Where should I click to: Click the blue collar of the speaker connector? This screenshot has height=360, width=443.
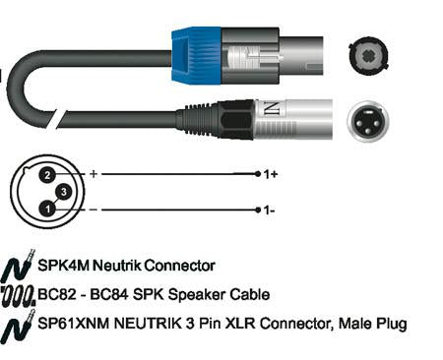tap(196, 56)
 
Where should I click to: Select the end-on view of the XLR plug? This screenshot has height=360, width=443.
tap(368, 121)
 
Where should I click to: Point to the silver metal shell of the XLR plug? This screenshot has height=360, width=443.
tap(293, 119)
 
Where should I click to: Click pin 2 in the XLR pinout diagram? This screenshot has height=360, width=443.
tap(48, 175)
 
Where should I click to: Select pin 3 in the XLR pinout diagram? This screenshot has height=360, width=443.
tap(64, 192)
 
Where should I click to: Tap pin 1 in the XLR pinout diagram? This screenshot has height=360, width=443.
tap(48, 209)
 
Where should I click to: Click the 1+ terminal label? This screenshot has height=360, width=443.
tap(271, 174)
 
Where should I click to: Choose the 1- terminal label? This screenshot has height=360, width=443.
tap(270, 210)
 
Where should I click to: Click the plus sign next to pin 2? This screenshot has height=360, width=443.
tap(94, 173)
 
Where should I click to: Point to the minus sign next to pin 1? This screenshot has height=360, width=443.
tap(94, 210)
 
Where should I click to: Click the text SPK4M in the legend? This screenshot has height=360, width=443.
tap(63, 266)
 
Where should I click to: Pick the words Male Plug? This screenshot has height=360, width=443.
tap(372, 325)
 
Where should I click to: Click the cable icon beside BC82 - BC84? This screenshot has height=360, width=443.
tap(18, 296)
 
